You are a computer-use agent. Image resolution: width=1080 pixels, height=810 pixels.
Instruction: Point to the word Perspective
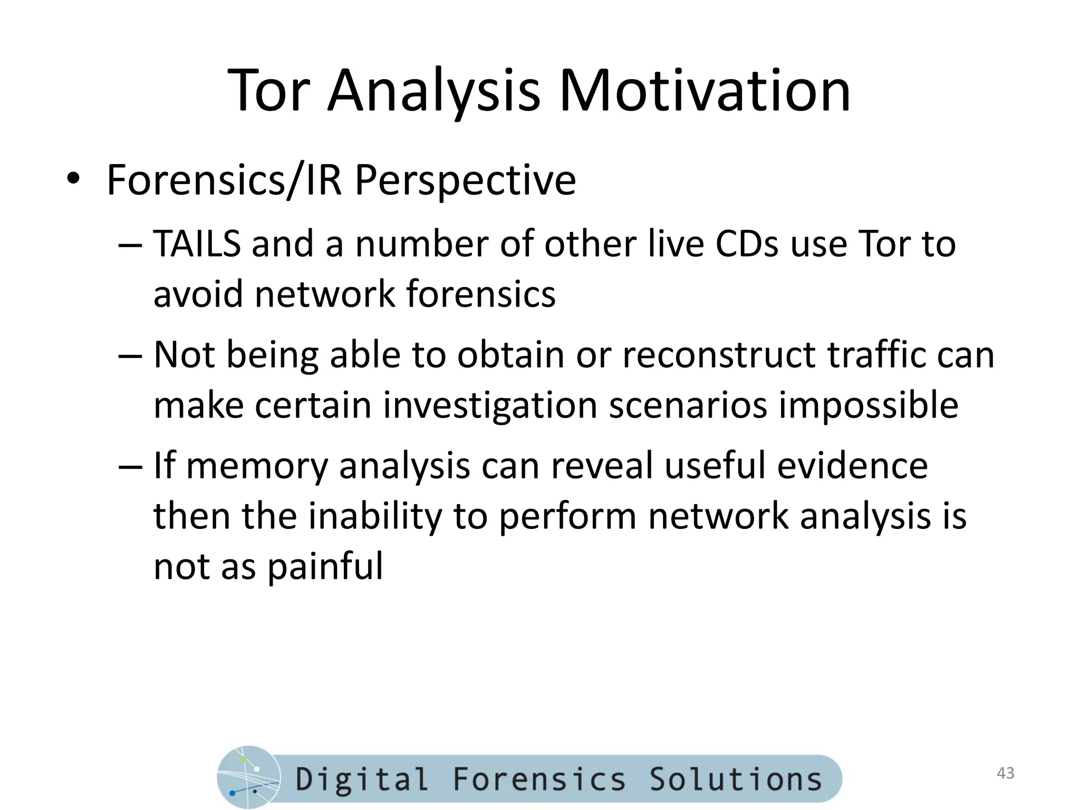point(465,181)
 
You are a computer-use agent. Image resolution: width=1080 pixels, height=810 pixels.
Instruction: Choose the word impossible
point(869,405)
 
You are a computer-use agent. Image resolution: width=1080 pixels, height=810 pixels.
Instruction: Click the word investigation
point(490,405)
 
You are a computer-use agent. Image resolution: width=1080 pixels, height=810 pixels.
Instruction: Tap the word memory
point(257,466)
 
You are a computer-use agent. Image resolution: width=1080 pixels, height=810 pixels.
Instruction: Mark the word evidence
point(852,466)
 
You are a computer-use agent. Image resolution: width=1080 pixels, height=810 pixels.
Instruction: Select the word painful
point(325,566)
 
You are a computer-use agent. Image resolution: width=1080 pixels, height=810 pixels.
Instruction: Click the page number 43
point(1006,773)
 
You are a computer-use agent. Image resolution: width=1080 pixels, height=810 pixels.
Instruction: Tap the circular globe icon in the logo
point(248,778)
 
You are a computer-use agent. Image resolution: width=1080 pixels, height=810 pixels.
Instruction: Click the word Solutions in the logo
point(735,779)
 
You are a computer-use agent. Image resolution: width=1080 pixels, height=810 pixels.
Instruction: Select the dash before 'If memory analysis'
point(130,466)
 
